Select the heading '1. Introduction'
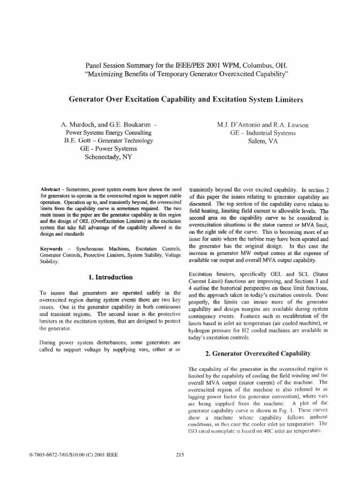point(110,277)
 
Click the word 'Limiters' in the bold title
point(286,99)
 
